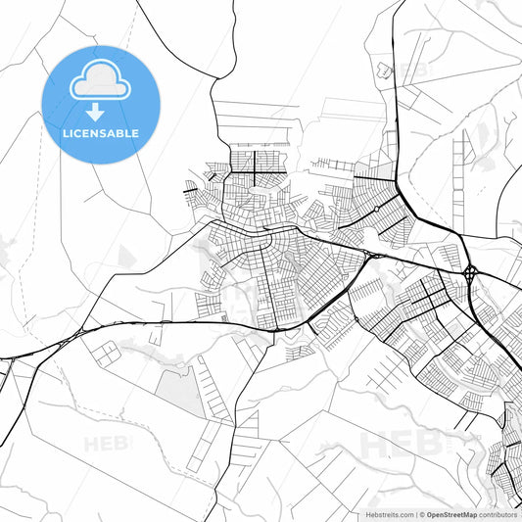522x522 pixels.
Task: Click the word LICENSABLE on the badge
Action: point(101,132)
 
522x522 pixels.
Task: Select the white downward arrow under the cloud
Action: point(96,110)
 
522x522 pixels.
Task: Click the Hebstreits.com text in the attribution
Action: point(390,514)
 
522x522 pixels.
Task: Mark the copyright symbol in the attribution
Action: point(421,514)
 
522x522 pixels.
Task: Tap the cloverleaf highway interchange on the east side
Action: point(471,271)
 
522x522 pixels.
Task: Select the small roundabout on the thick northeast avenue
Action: point(376,209)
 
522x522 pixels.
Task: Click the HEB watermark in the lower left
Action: point(107,443)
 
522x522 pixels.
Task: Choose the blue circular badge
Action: point(101,104)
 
